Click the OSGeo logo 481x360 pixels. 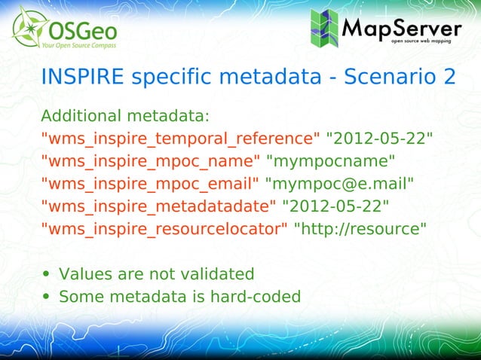coord(62,28)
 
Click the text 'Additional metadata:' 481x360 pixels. coord(124,117)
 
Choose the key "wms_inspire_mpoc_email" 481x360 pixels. coord(151,184)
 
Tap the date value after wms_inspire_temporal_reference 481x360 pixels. coord(379,139)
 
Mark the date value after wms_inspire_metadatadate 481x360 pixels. coord(335,206)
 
